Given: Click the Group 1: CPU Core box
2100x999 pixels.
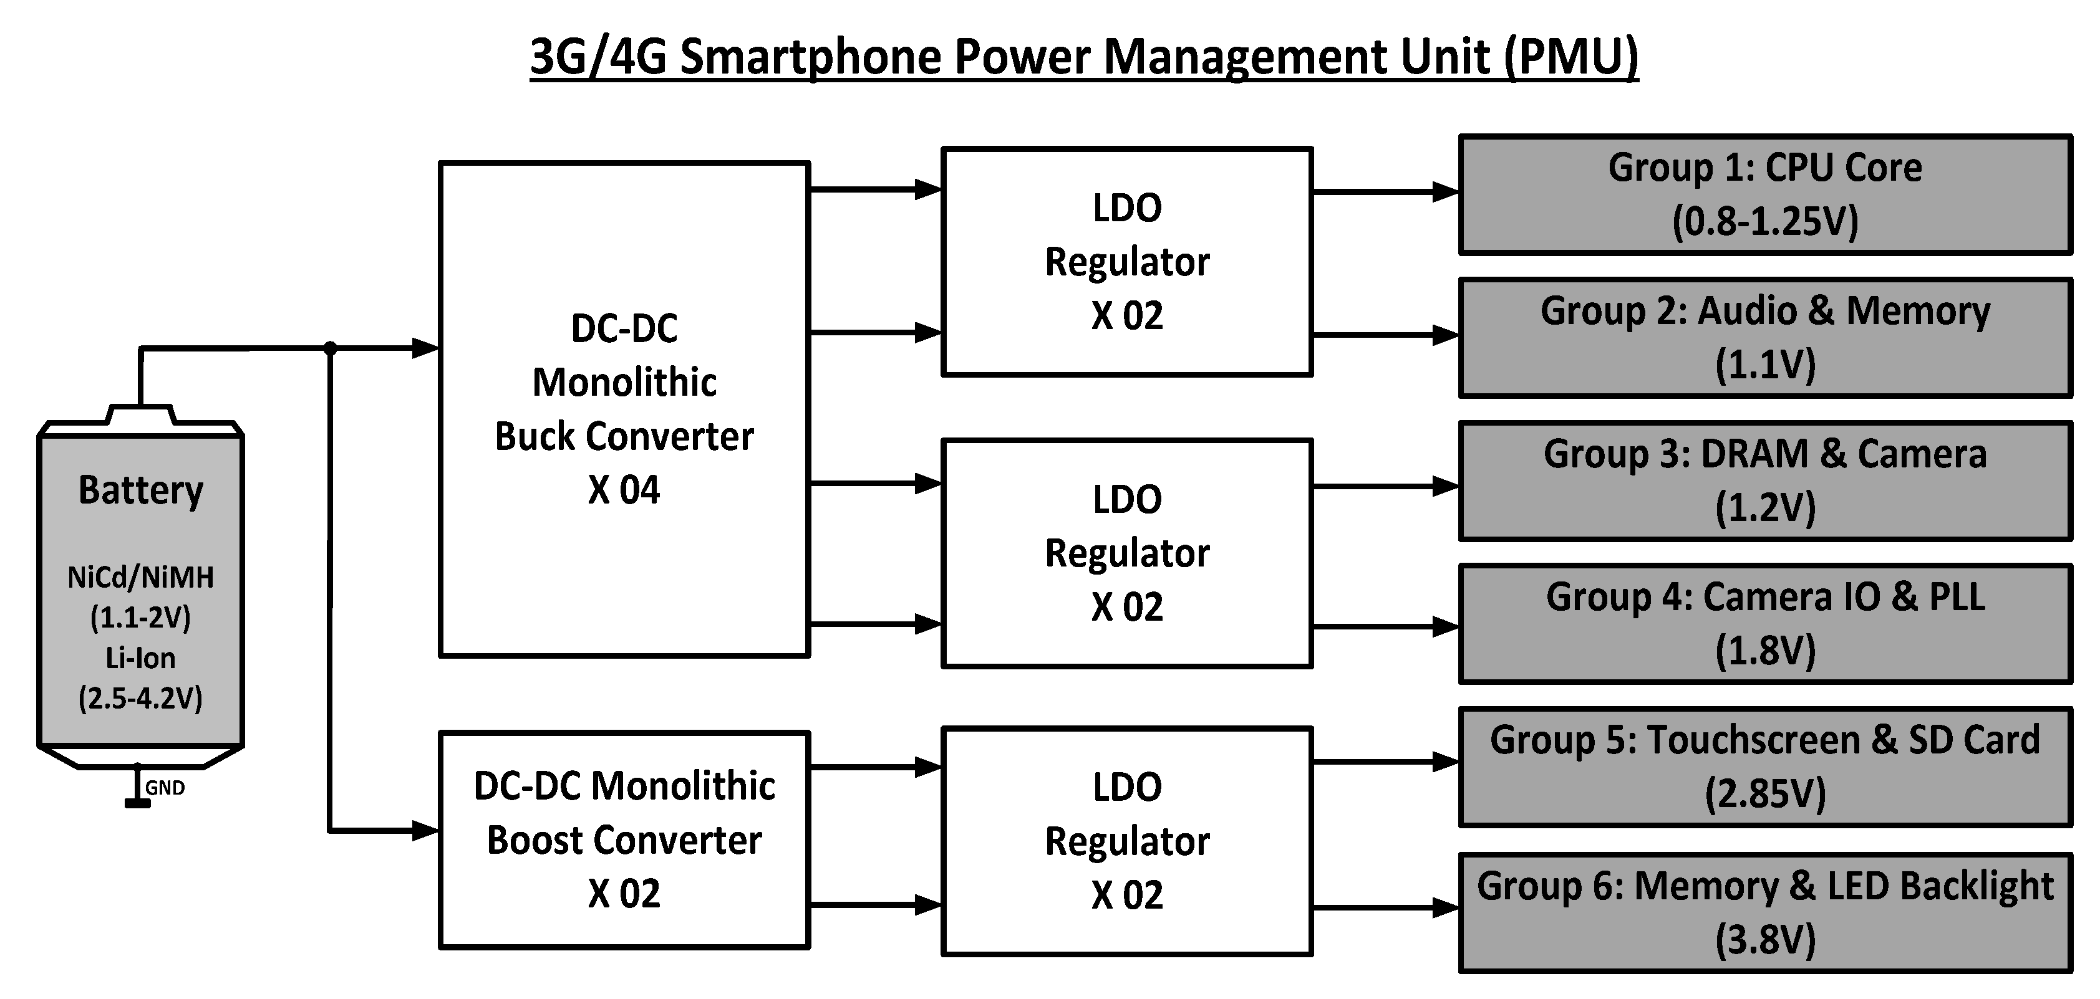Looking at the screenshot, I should click(x=1765, y=194).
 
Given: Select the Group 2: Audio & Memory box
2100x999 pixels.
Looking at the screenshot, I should click(x=1765, y=337).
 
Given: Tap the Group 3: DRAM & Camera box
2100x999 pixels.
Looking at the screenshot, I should click(x=1765, y=480).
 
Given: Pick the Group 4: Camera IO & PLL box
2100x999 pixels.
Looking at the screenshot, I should click(x=1765, y=623).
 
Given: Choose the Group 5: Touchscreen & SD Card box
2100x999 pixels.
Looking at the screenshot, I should click(x=1765, y=767).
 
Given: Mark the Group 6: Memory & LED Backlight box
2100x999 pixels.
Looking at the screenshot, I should click(x=1765, y=912).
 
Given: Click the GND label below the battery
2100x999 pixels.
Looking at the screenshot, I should click(x=165, y=788).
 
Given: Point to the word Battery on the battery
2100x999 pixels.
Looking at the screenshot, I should click(x=140, y=490).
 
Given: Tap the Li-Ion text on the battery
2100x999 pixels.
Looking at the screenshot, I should click(x=140, y=657).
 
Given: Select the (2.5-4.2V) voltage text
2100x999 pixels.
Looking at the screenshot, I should click(x=140, y=697).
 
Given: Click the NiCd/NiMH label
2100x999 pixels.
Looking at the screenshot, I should click(x=140, y=578).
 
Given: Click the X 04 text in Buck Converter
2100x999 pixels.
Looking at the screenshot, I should click(x=624, y=490).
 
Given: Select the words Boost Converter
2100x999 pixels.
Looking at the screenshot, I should click(x=624, y=840).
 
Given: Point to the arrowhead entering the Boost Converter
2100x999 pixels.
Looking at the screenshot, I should click(x=425, y=831).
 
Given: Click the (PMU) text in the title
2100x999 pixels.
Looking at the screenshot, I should click(x=1571, y=57).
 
